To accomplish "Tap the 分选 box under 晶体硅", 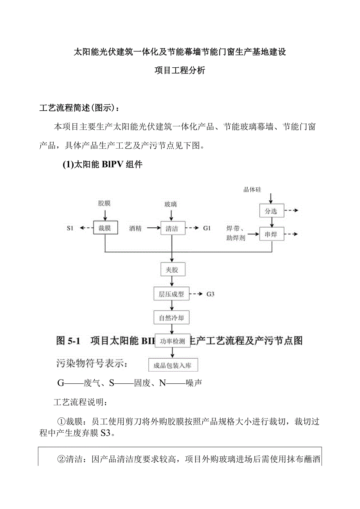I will pos(271,211).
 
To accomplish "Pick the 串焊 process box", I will pos(271,235).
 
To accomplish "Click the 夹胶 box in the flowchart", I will pos(173,270).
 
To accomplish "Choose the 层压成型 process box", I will pos(171,294).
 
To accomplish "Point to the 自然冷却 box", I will pos(171,318).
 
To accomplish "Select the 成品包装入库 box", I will pos(173,365).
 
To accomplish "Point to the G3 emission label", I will pos(210,294).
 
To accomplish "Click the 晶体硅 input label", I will pos(252,190).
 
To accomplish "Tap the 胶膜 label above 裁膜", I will pos(104,203).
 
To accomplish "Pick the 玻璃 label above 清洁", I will pos(171,204).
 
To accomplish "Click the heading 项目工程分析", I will pos(180,71).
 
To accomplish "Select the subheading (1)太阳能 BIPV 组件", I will pos(103,165).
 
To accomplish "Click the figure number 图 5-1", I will pos(68,341).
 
